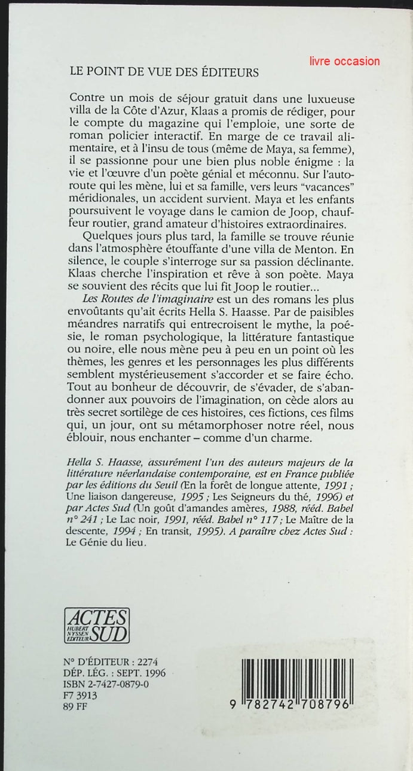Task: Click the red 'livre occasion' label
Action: pyautogui.click(x=345, y=61)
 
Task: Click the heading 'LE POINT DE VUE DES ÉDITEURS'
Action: pyautogui.click(x=164, y=72)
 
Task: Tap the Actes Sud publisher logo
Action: pyautogui.click(x=96, y=625)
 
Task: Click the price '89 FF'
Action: pyautogui.click(x=75, y=706)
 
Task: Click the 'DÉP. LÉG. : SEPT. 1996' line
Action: pyautogui.click(x=114, y=673)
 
